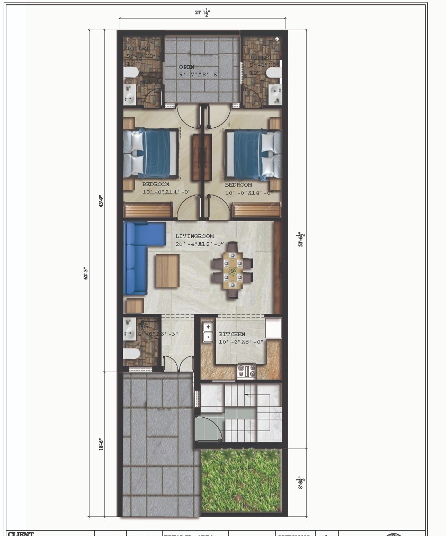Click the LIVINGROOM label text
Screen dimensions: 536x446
(x=194, y=236)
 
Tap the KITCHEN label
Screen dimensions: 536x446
(x=232, y=334)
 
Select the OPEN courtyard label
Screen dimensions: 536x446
(x=186, y=67)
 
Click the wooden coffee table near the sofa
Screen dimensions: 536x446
(x=167, y=270)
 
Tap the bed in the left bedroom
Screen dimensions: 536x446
(x=150, y=154)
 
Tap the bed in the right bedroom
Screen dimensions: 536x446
(x=253, y=154)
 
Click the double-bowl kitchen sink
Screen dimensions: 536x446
(x=208, y=331)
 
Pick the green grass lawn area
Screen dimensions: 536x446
(x=240, y=480)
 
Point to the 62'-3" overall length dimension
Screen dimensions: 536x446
(x=85, y=273)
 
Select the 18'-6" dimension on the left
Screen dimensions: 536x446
(x=101, y=444)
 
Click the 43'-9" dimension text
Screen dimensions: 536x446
(x=101, y=201)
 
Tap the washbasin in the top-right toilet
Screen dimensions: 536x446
(x=275, y=94)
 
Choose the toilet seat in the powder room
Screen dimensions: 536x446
(x=131, y=354)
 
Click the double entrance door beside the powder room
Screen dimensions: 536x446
(x=177, y=364)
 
